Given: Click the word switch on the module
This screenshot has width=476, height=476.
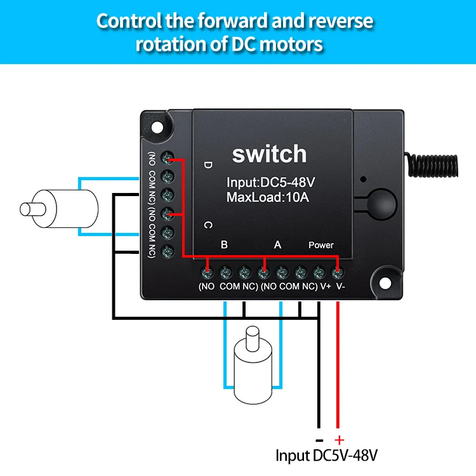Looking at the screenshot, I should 269,154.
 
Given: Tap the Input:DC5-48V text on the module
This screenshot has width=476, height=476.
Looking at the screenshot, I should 271,183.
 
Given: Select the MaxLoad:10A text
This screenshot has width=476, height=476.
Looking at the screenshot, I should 267,197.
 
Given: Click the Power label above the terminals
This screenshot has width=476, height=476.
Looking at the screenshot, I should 321,245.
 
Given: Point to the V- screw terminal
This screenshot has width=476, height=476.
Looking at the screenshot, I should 338,273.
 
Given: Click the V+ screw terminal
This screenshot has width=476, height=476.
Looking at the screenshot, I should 319,273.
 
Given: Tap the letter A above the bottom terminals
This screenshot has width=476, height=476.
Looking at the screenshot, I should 277,244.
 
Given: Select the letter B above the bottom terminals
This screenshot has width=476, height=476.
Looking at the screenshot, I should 224,244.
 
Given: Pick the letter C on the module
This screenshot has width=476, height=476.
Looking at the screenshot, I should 208,225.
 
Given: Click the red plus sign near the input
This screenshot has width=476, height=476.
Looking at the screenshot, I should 339,439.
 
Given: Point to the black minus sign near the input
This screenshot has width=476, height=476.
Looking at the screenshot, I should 319,439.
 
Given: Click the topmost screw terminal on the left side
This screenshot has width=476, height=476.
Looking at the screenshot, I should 168,157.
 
